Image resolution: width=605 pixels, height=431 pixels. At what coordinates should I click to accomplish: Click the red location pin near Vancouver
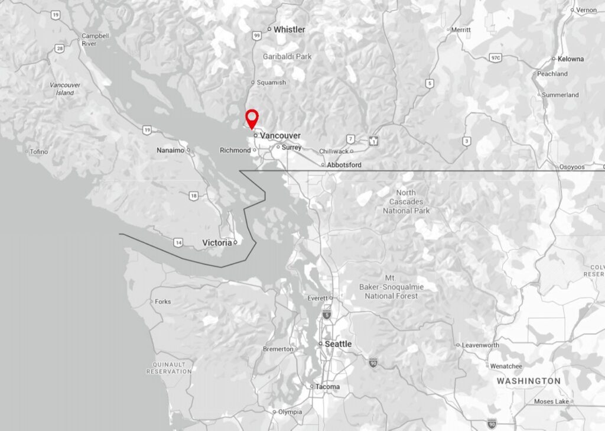pyautogui.click(x=252, y=117)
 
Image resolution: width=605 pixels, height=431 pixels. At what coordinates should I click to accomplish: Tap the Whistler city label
pyautogui.click(x=289, y=30)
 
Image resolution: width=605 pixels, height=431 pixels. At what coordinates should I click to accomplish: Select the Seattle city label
pyautogui.click(x=338, y=344)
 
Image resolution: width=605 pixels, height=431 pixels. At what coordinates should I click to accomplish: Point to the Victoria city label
pyautogui.click(x=217, y=243)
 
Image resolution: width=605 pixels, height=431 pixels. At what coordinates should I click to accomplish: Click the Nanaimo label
pyautogui.click(x=170, y=150)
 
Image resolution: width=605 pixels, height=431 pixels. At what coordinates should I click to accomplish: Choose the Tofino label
pyautogui.click(x=38, y=152)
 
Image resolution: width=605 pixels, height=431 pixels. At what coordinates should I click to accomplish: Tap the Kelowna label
pyautogui.click(x=571, y=59)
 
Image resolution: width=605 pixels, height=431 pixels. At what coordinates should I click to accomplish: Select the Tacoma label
pyautogui.click(x=327, y=387)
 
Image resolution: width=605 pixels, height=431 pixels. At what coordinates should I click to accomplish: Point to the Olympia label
pyautogui.click(x=290, y=411)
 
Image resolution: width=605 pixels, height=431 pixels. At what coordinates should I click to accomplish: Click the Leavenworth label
pyautogui.click(x=480, y=345)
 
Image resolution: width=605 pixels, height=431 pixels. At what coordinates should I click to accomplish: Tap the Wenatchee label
pyautogui.click(x=506, y=367)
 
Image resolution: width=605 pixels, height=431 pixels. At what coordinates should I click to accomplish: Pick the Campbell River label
pyautogui.click(x=95, y=40)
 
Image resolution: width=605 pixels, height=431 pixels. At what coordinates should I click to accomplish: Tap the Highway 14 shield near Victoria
pyautogui.click(x=178, y=242)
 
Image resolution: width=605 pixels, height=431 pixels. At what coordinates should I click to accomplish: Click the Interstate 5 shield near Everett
pyautogui.click(x=327, y=316)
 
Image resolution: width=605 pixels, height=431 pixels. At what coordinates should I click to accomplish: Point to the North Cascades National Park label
pyautogui.click(x=406, y=202)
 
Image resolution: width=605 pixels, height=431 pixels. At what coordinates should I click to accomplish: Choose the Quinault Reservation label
pyautogui.click(x=169, y=368)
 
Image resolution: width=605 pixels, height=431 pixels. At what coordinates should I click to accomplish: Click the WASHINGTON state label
pyautogui.click(x=528, y=381)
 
